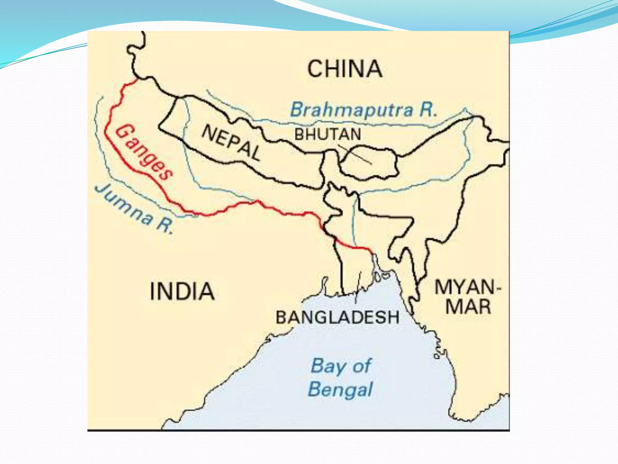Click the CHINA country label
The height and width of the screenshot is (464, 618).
[345, 69]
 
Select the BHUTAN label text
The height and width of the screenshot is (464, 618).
[328, 134]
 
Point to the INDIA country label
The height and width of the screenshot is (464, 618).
[182, 291]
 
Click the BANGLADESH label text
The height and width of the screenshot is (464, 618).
[338, 317]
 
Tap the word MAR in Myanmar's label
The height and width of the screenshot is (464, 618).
[468, 307]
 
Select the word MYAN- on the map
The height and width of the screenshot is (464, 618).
[465, 287]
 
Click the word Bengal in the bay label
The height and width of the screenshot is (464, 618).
[340, 389]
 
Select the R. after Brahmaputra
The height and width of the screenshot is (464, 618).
[428, 110]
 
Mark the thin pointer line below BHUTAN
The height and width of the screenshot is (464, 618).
[355, 154]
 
